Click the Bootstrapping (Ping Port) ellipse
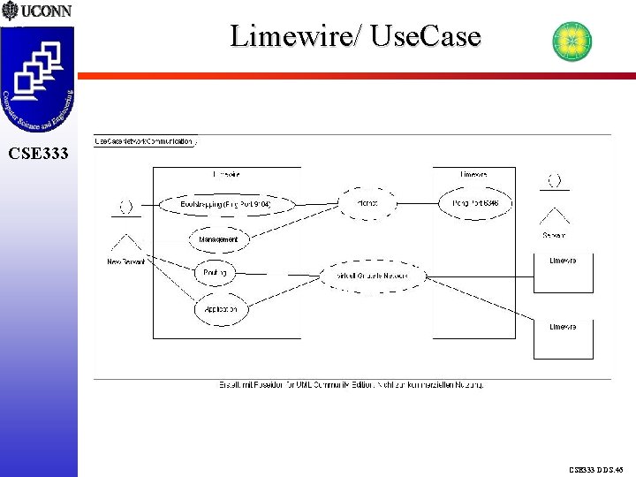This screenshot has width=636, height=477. point(224,204)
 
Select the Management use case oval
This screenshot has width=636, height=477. point(217,238)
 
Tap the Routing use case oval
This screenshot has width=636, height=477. point(215,273)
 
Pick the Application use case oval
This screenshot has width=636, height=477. point(221,309)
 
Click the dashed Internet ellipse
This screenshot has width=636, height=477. point(367,203)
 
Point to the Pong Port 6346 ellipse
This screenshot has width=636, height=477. point(474,203)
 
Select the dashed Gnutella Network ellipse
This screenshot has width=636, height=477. point(375,276)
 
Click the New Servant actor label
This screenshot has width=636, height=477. point(125,261)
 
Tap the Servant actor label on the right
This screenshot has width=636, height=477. point(554,235)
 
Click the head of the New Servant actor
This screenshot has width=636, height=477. point(126,206)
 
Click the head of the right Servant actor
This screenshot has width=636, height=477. point(555,180)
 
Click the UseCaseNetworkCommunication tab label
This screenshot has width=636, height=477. point(145,140)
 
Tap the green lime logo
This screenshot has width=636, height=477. point(572,42)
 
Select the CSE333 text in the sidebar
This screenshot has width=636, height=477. point(37,154)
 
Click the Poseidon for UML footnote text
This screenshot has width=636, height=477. point(352,384)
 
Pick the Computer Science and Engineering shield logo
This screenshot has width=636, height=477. point(38,79)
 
